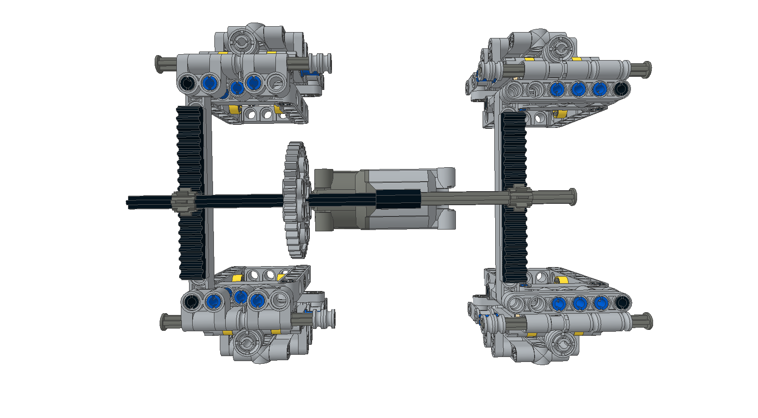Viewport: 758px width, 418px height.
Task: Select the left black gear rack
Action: click(x=190, y=149)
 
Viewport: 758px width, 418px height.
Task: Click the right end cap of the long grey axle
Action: click(x=573, y=197)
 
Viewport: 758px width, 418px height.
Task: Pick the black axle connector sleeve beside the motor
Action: click(x=398, y=199)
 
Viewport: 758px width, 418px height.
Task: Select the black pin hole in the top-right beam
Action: click(x=622, y=89)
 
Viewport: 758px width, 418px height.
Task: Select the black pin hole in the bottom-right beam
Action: click(x=622, y=302)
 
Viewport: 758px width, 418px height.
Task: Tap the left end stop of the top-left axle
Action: click(x=159, y=64)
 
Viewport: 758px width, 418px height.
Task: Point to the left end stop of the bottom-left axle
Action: click(x=165, y=321)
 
